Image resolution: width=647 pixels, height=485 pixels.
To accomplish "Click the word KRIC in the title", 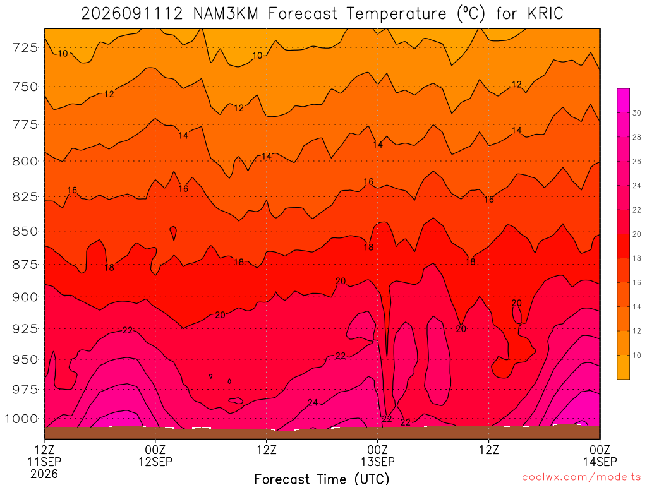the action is pyautogui.click(x=545, y=13).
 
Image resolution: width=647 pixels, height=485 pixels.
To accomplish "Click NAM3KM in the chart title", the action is pyautogui.click(x=226, y=13).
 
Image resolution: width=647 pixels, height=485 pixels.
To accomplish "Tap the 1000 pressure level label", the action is pyautogui.click(x=21, y=419).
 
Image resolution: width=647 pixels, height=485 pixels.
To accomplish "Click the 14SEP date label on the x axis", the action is pyautogui.click(x=600, y=462).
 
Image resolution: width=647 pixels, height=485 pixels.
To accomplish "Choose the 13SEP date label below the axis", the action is pyautogui.click(x=378, y=462).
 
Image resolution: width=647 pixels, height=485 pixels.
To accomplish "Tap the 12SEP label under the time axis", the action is pyautogui.click(x=155, y=462).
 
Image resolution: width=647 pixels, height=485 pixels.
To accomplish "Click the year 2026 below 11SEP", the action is pyautogui.click(x=44, y=474).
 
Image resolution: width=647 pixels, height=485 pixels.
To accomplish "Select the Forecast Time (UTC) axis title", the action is pyautogui.click(x=322, y=479).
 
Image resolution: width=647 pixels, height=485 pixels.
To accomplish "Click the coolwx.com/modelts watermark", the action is pyautogui.click(x=581, y=477).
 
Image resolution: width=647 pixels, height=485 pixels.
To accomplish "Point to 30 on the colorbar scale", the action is pyautogui.click(x=637, y=113).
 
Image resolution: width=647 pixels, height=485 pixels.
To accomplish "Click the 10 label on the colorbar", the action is pyautogui.click(x=637, y=355).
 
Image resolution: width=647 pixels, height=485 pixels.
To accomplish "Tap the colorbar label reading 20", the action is pyautogui.click(x=637, y=234).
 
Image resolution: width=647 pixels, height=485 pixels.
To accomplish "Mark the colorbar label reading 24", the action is pyautogui.click(x=637, y=186).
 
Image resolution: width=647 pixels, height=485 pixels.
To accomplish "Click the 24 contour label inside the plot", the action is pyautogui.click(x=313, y=402).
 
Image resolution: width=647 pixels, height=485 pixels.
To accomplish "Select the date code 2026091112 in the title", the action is pyautogui.click(x=131, y=13).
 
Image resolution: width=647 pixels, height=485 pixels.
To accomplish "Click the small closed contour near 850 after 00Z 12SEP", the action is pyautogui.click(x=173, y=232).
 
